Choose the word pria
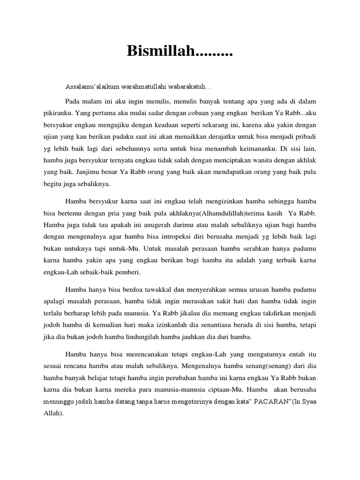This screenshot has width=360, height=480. coord(127,214)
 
